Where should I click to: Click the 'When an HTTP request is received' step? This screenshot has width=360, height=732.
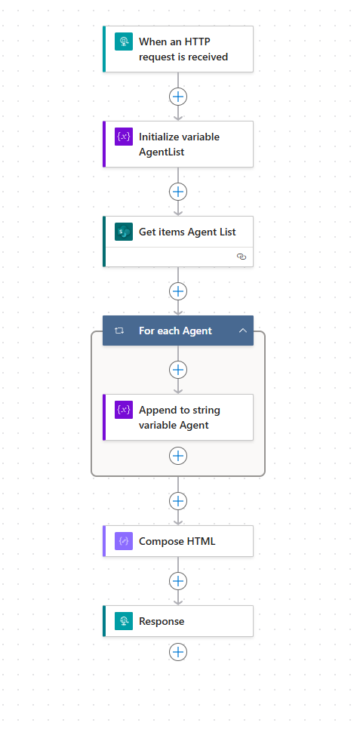[x=178, y=49]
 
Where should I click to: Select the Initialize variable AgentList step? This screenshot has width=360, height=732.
[x=178, y=144]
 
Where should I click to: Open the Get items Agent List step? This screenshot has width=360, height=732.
[x=178, y=241]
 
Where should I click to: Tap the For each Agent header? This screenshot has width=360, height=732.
[x=178, y=331]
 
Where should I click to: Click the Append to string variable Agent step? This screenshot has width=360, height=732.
[x=178, y=417]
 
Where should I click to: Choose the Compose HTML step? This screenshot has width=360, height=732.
[x=178, y=541]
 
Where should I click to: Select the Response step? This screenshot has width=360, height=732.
[x=178, y=621]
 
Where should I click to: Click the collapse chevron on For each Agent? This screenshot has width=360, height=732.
[x=242, y=331]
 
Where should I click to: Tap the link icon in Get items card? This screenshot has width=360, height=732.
[x=242, y=257]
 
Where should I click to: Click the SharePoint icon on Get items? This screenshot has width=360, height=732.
[x=124, y=232]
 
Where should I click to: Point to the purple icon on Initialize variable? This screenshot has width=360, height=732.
[x=124, y=137]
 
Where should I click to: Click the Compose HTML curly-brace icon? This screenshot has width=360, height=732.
[x=124, y=541]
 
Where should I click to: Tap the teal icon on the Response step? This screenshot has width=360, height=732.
[x=124, y=621]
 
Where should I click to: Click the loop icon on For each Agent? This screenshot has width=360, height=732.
[x=119, y=331]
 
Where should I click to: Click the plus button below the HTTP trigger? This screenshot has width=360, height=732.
[x=178, y=97]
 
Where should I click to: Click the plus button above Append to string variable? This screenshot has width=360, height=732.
[x=178, y=370]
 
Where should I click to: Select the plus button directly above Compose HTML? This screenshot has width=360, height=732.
[x=178, y=501]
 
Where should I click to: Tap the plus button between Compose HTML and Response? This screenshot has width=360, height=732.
[x=178, y=581]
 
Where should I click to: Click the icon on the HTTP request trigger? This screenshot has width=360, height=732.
[x=124, y=42]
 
